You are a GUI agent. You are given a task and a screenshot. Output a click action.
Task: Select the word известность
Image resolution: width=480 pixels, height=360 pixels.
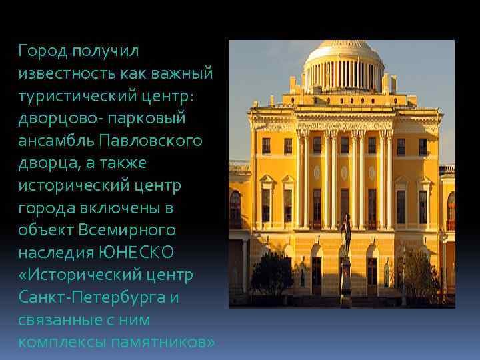pyautogui.click(x=63, y=73)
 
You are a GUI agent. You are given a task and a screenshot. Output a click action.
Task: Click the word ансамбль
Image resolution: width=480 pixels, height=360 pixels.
pyautogui.click(x=56, y=141)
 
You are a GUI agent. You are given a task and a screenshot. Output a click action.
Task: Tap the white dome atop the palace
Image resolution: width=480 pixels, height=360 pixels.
pyautogui.click(x=343, y=53)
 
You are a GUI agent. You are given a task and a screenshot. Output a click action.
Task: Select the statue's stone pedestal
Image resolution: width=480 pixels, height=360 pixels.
pyautogui.click(x=345, y=280)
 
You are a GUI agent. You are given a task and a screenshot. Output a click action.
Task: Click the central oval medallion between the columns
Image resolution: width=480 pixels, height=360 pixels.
pyautogui.click(x=344, y=173)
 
